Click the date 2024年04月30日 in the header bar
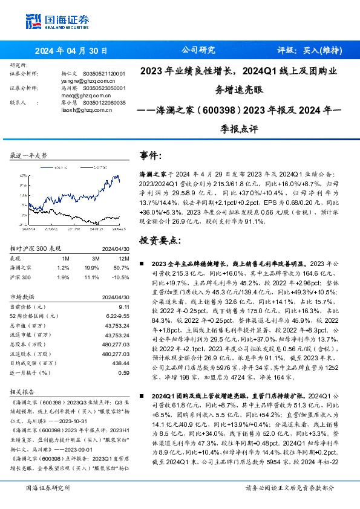pyautogui.click(x=71, y=51)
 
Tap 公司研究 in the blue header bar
pyautogui.click(x=198, y=51)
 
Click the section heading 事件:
pyautogui.click(x=151, y=155)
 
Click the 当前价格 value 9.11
pyautogui.click(x=123, y=307)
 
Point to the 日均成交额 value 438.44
pyautogui.click(x=120, y=364)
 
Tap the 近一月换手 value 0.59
pyautogui.click(x=123, y=373)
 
